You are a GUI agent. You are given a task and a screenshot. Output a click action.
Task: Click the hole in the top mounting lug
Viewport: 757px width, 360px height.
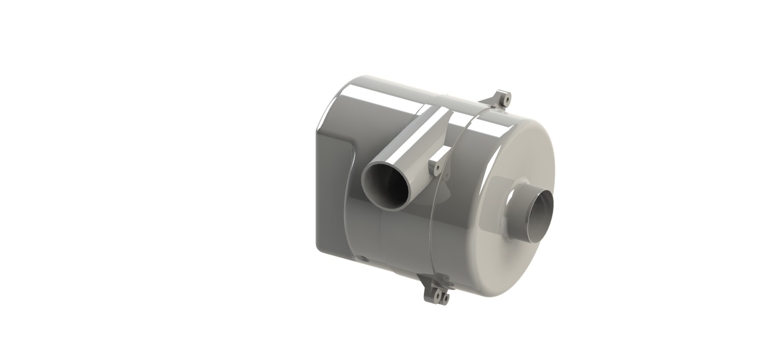(x=507, y=99)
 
